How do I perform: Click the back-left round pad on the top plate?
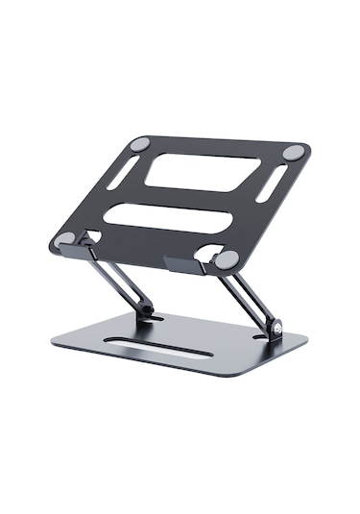[x=140, y=143]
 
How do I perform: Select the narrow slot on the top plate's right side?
[x=273, y=184]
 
